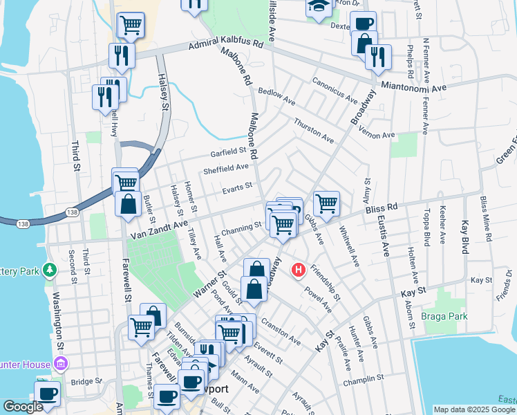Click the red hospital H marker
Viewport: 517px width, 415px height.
coord(299,269)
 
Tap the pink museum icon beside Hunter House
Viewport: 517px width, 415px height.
coord(61,364)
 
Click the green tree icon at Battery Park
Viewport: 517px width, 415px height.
coord(50,269)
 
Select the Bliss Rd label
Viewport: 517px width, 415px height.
coord(382,207)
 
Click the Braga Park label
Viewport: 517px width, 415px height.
coord(444,316)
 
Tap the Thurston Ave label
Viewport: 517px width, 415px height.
coord(313,129)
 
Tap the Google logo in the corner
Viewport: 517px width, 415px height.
coord(23,407)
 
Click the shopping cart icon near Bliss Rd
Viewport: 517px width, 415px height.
coord(326,203)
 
